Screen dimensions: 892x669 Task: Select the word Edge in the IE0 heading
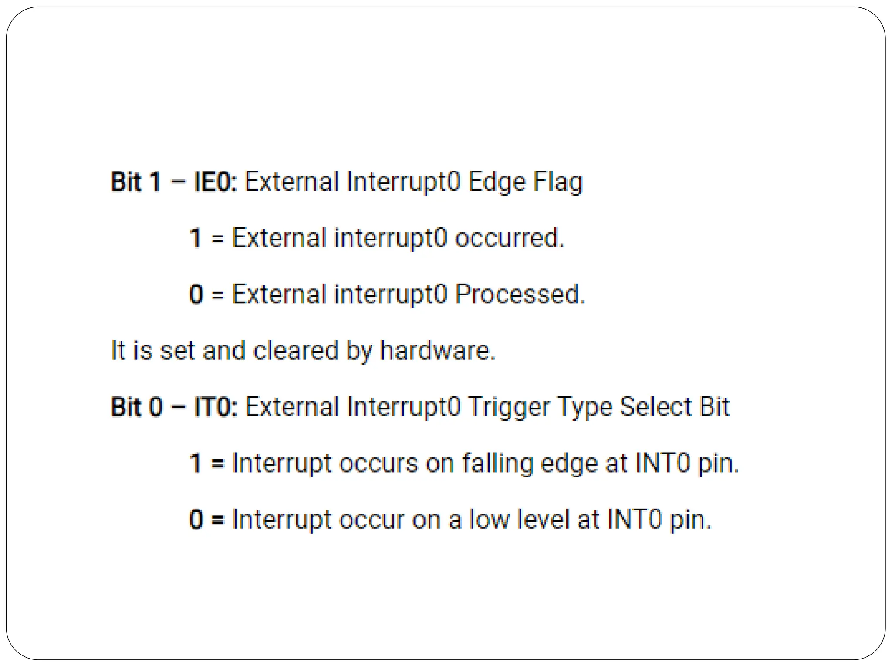(x=497, y=182)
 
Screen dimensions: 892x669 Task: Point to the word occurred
(x=510, y=238)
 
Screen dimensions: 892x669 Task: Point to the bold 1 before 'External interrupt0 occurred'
(x=196, y=238)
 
